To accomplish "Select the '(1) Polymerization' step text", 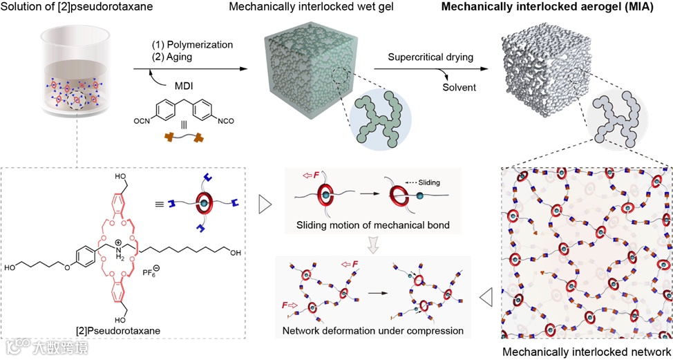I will pos(192,44).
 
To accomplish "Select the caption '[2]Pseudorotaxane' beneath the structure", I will pos(121,332).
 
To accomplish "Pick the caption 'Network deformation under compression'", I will pos(373,330).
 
